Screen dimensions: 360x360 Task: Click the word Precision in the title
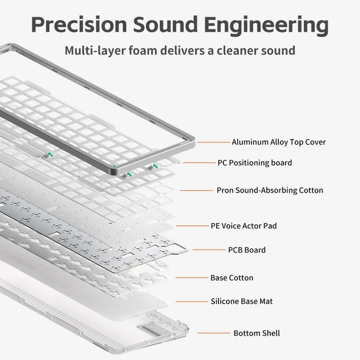pyautogui.click(x=79, y=24)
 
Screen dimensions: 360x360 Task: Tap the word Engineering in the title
pyautogui.click(x=266, y=26)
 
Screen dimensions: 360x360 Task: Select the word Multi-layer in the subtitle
pyautogui.click(x=95, y=51)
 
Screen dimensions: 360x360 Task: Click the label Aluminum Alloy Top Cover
pyautogui.click(x=279, y=142)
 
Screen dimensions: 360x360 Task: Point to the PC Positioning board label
pyautogui.click(x=255, y=163)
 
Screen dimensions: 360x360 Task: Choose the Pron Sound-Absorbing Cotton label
pyautogui.click(x=270, y=190)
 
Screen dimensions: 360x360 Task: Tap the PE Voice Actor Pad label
pyautogui.click(x=244, y=226)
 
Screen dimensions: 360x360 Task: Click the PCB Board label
pyautogui.click(x=247, y=250)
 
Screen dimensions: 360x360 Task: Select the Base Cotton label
pyautogui.click(x=231, y=278)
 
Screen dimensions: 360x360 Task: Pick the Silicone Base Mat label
pyautogui.click(x=242, y=301)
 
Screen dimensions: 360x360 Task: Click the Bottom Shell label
pyautogui.click(x=257, y=333)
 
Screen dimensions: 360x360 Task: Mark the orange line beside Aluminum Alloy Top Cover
pyautogui.click(x=213, y=142)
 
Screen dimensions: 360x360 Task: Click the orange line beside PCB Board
pyautogui.click(x=209, y=250)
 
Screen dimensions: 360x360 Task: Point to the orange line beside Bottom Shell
pyautogui.click(x=213, y=333)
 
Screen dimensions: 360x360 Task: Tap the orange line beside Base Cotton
pyautogui.click(x=192, y=278)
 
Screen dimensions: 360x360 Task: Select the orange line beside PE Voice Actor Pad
pyautogui.click(x=192, y=226)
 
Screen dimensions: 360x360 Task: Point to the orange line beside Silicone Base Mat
pyautogui.click(x=192, y=301)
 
